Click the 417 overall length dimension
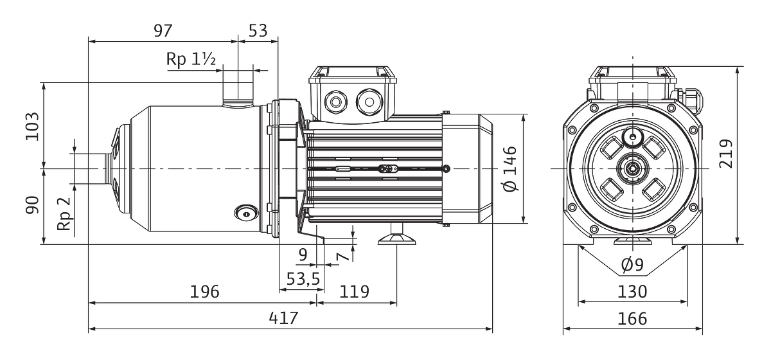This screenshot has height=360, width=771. pyautogui.click(x=283, y=318)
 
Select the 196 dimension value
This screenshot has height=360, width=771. pyautogui.click(x=204, y=292)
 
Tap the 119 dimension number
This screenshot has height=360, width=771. pyautogui.click(x=354, y=292)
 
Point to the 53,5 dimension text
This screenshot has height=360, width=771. pyautogui.click(x=303, y=279)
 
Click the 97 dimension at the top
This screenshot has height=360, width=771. pyautogui.click(x=163, y=31)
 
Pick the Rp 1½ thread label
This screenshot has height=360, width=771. pyautogui.click(x=191, y=59)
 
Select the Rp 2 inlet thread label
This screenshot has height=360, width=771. pyautogui.click(x=64, y=213)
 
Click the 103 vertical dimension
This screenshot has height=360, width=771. pyautogui.click(x=32, y=126)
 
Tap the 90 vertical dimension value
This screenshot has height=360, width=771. pyautogui.click(x=32, y=205)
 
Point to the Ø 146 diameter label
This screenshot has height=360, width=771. pyautogui.click(x=510, y=169)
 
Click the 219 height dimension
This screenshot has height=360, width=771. pyautogui.click(x=725, y=154)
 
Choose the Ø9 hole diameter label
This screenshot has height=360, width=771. pyautogui.click(x=632, y=265)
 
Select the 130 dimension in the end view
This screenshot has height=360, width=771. pyautogui.click(x=632, y=292)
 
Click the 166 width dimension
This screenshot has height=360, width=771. pyautogui.click(x=632, y=319)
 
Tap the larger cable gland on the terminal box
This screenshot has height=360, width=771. pyautogui.click(x=369, y=102)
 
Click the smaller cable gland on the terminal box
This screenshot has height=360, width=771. pyautogui.click(x=335, y=102)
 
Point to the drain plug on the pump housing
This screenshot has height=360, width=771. pyautogui.click(x=246, y=213)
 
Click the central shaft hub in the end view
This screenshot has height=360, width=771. pyautogui.click(x=633, y=168)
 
